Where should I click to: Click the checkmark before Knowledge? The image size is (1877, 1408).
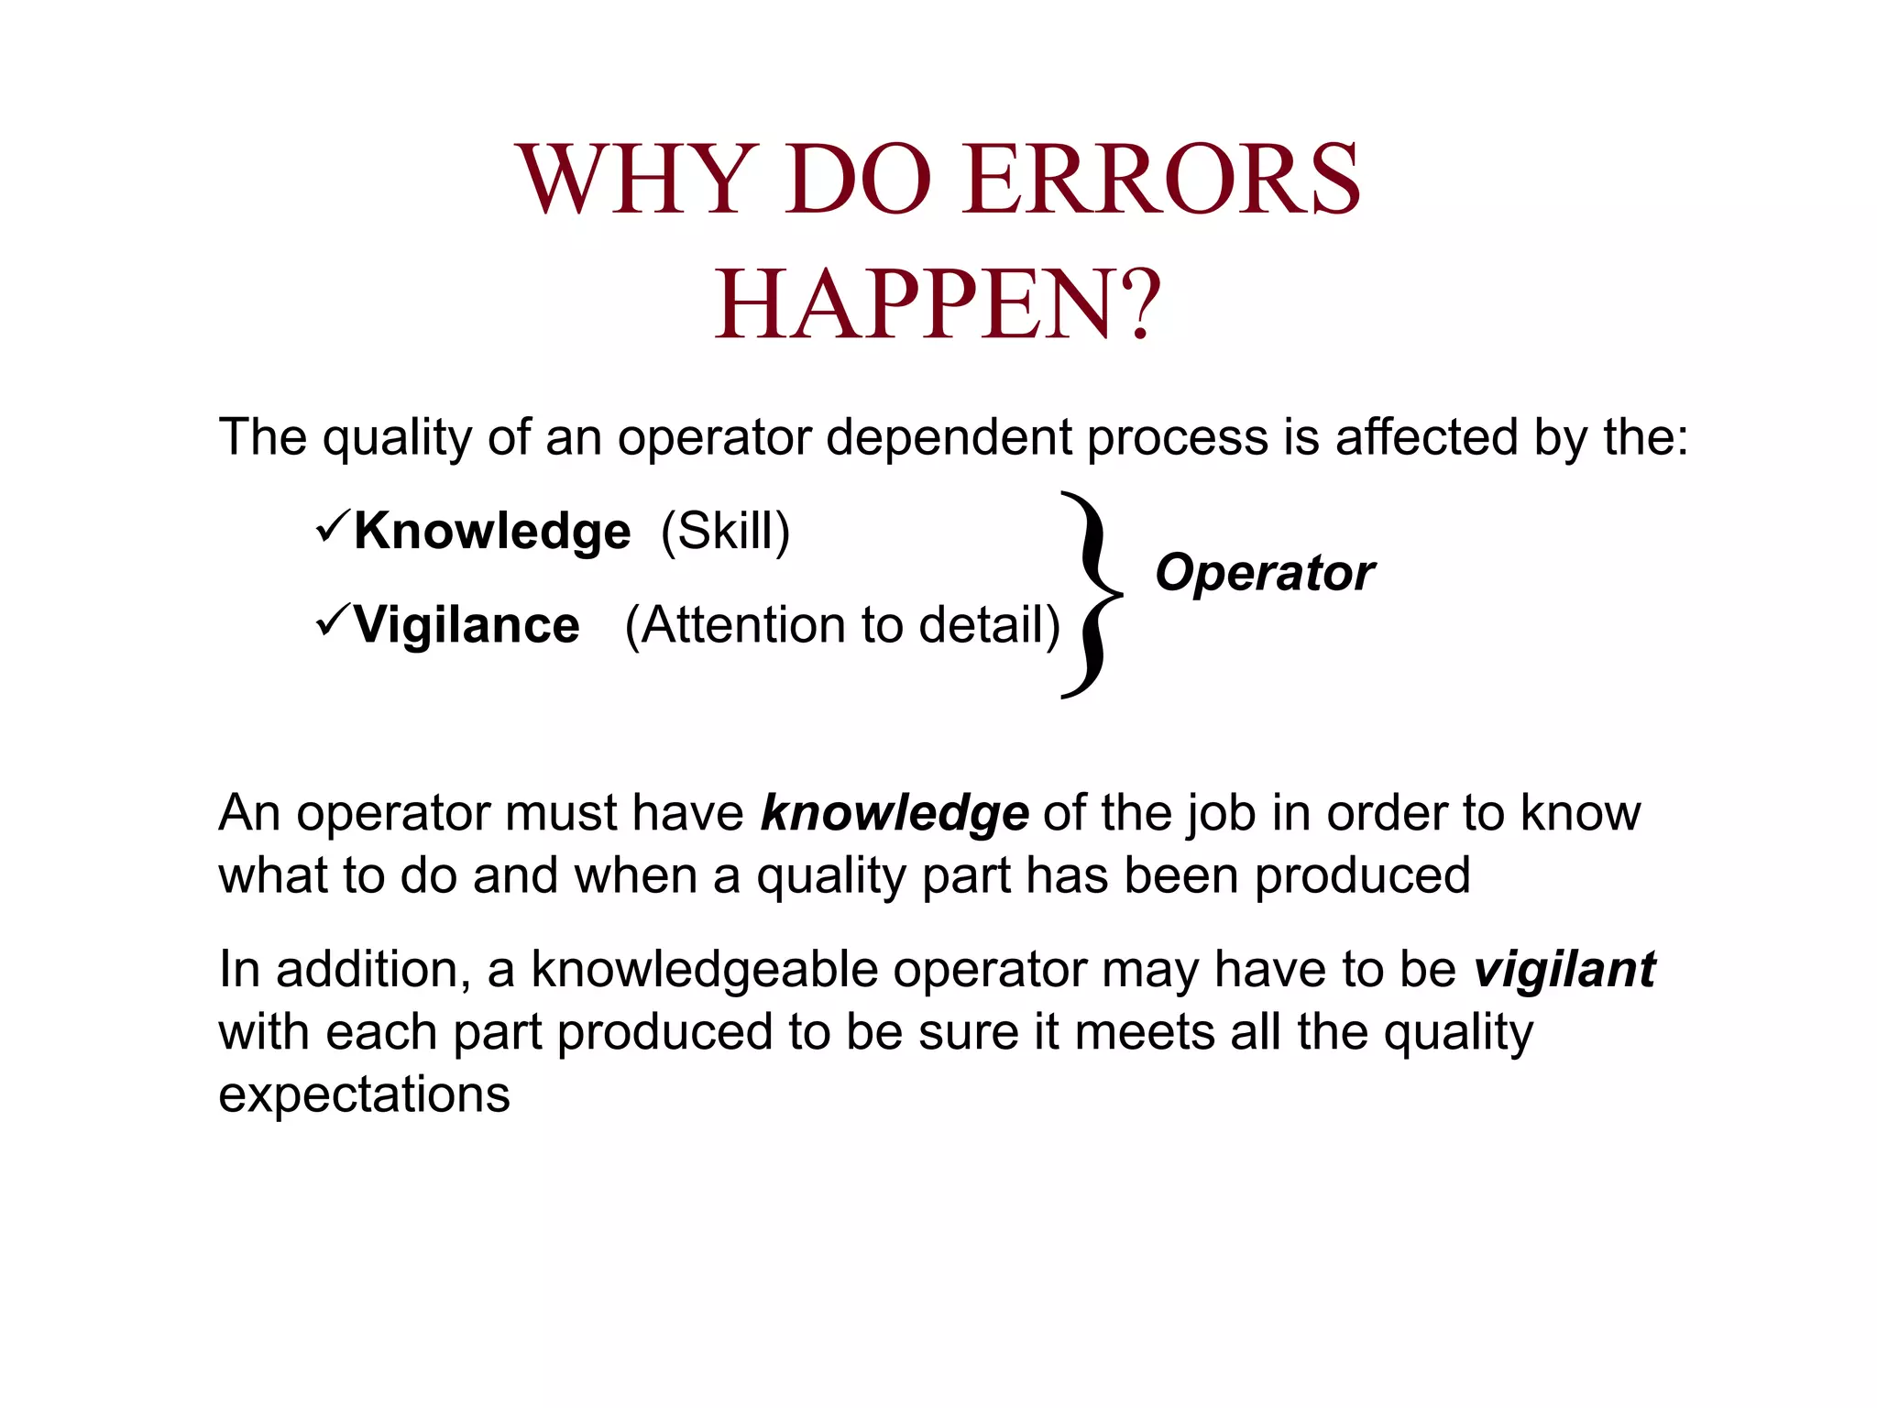pyautogui.click(x=332, y=527)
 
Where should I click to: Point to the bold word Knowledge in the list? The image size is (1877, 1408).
pyautogui.click(x=492, y=532)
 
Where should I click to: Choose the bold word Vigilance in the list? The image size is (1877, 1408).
pyautogui.click(x=467, y=625)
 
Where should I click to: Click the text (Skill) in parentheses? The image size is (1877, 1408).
pyautogui.click(x=725, y=532)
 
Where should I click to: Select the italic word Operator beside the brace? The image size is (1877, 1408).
pyautogui.click(x=1265, y=574)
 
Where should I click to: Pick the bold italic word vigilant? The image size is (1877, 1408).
pyautogui.click(x=1564, y=970)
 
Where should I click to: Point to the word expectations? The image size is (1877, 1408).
pyautogui.click(x=364, y=1095)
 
